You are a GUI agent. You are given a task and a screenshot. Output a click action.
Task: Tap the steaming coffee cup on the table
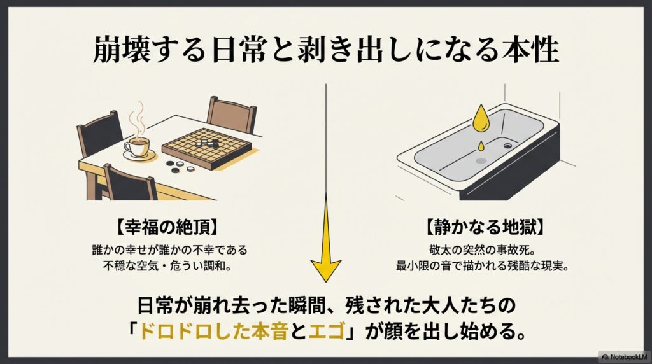pos(136,146)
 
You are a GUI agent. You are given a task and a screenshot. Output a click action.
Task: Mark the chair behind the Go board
pos(232,115)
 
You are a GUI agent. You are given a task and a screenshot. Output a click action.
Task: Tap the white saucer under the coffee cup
pos(139,155)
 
